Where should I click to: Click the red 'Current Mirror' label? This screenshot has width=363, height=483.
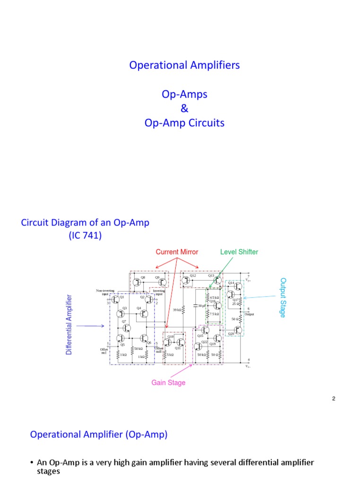coord(177,252)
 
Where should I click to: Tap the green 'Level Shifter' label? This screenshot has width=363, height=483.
coord(239,252)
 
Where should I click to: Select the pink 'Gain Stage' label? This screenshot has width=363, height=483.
coord(168,383)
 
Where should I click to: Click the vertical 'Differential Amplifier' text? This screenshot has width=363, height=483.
coord(69,325)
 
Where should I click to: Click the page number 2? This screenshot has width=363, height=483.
coord(333,399)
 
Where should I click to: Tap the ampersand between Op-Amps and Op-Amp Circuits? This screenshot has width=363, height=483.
coord(184,108)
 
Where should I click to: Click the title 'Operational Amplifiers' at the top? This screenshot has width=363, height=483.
coord(184,65)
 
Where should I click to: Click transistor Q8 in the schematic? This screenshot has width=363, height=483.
coord(138,282)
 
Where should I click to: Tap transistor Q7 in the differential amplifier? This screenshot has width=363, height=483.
coord(126,327)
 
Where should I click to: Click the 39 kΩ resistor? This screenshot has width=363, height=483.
coord(183,309)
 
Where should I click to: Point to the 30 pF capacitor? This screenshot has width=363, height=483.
coord(195,306)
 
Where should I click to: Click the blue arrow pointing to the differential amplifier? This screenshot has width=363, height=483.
coord(90,325)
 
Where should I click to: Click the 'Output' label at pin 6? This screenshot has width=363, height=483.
coord(249,314)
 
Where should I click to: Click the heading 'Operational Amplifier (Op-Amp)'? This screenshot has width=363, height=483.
coord(99,434)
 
